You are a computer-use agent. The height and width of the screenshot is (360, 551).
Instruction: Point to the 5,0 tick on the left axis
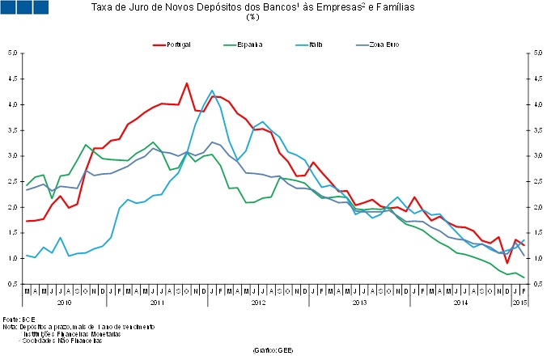[13, 53]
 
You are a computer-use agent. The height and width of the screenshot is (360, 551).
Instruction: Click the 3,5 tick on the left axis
[13, 130]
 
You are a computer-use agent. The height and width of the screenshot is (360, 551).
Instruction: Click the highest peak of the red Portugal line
[187, 83]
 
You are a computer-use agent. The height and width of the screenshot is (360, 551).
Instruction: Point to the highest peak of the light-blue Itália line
[212, 91]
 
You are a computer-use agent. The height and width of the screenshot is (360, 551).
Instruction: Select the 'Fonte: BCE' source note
[16, 320]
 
